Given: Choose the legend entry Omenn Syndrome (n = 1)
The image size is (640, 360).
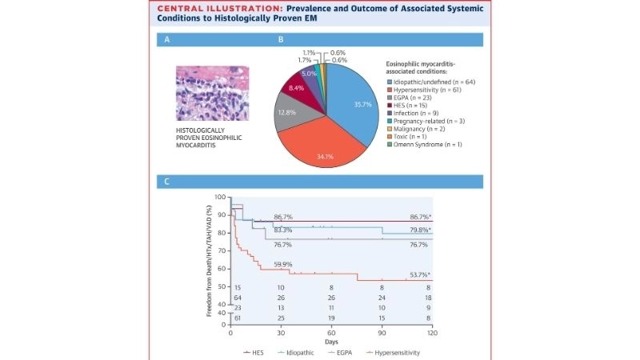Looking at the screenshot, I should coord(428,143).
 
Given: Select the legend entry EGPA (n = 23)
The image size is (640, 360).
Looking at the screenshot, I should coord(413,101).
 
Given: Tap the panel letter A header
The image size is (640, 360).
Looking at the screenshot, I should coord(167,39).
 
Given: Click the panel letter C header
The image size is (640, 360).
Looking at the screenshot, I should coord(167,181).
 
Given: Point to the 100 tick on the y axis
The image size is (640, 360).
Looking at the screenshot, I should coord(221,197).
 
